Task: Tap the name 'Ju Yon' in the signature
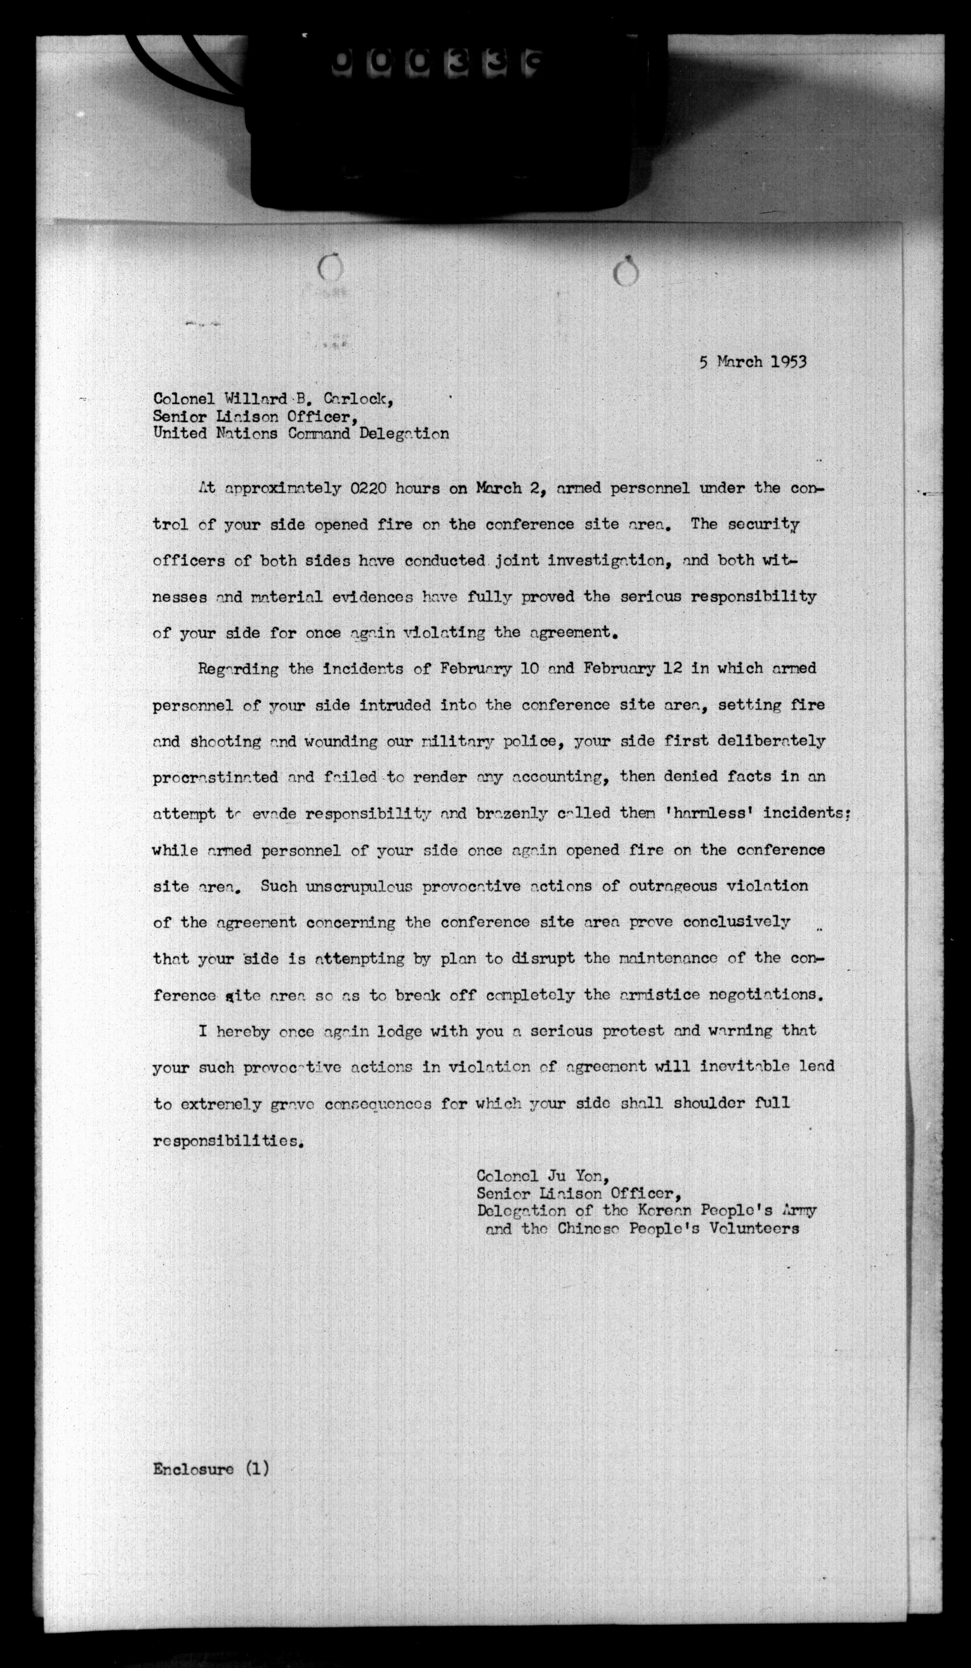click(574, 1176)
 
